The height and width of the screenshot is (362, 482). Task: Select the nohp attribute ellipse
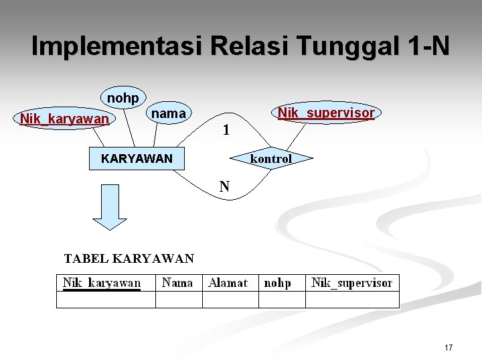[123, 99]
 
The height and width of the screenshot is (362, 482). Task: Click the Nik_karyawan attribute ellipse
[64, 119]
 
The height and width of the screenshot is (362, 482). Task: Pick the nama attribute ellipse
[169, 114]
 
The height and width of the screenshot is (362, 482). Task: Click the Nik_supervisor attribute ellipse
[326, 113]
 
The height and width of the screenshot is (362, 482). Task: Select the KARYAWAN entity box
[136, 159]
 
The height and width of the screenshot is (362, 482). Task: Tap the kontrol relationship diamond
[271, 159]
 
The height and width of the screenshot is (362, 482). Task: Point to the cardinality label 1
[226, 131]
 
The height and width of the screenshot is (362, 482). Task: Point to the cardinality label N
[225, 186]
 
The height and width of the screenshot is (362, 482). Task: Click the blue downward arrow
[109, 206]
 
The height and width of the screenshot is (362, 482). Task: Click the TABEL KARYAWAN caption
[129, 258]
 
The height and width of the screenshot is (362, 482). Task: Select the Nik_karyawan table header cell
[106, 284]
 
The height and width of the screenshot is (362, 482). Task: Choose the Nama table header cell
[178, 284]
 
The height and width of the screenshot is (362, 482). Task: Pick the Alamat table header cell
[230, 284]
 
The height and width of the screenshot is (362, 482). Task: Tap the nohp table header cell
[280, 284]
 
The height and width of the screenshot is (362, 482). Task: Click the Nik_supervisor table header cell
[352, 284]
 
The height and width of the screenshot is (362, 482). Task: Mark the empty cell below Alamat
[230, 300]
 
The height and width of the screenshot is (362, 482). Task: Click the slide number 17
[448, 347]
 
